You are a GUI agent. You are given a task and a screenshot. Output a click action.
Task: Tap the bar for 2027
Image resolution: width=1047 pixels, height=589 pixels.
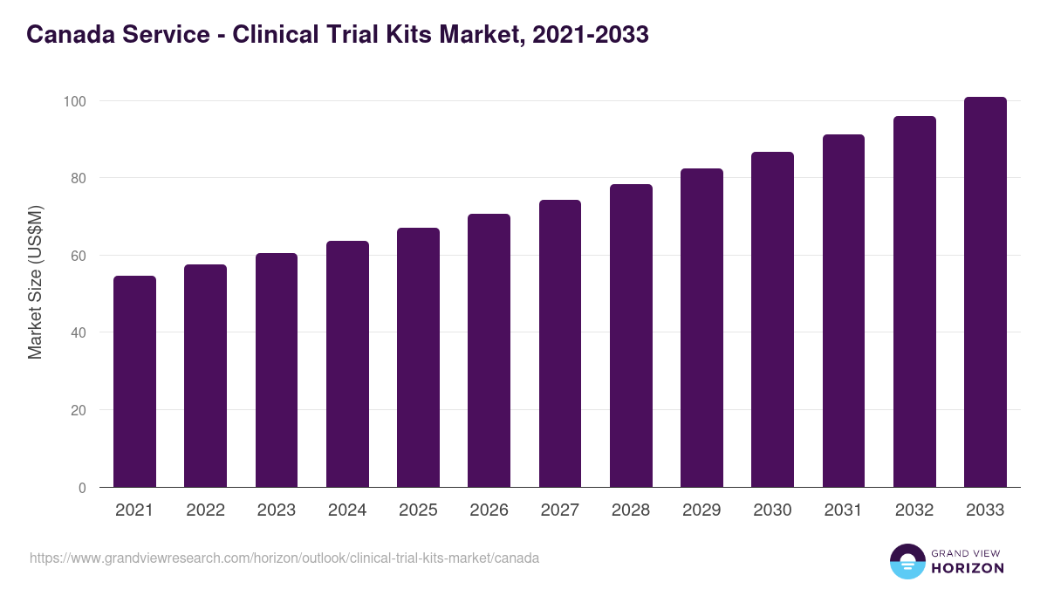tap(560, 344)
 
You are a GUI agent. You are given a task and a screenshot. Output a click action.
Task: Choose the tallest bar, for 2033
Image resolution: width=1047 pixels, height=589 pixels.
tap(985, 292)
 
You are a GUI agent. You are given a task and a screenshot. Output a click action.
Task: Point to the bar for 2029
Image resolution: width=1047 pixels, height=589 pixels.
tap(701, 328)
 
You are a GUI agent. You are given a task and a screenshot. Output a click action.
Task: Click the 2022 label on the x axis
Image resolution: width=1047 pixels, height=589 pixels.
tap(205, 510)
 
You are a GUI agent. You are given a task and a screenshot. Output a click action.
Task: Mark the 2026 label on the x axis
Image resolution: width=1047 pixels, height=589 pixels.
tap(489, 510)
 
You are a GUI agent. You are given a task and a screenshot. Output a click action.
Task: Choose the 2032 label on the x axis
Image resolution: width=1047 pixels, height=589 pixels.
tap(914, 510)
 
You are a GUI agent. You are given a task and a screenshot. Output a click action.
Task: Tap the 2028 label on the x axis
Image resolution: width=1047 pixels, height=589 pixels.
tap(631, 510)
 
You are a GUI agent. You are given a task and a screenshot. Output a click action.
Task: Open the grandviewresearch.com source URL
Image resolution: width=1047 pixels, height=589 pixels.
tap(284, 558)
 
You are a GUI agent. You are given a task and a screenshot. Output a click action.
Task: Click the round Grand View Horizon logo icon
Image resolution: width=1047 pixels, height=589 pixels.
tap(907, 561)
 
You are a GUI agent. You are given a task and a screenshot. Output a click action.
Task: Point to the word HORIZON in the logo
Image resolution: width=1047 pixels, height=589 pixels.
tap(968, 568)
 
